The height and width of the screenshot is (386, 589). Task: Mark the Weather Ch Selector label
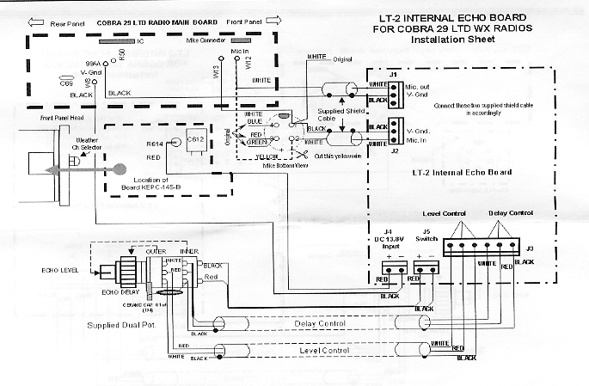click(86, 144)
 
